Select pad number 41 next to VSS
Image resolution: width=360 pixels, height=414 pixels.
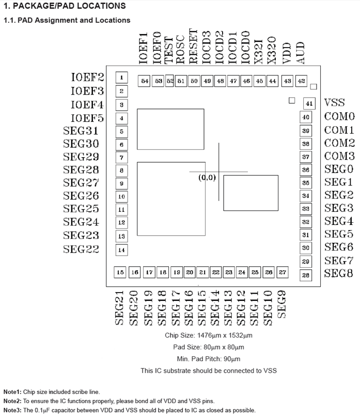[309, 103]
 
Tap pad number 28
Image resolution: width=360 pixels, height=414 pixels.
[306, 275]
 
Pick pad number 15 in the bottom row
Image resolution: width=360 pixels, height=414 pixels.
[121, 272]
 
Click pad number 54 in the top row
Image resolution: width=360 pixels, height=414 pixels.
[145, 81]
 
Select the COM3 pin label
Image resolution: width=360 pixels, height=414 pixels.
[339, 156]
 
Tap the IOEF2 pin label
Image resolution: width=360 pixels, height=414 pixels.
[87, 78]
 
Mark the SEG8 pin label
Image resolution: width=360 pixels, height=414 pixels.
[339, 274]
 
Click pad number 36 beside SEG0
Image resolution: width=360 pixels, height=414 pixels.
[306, 170]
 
